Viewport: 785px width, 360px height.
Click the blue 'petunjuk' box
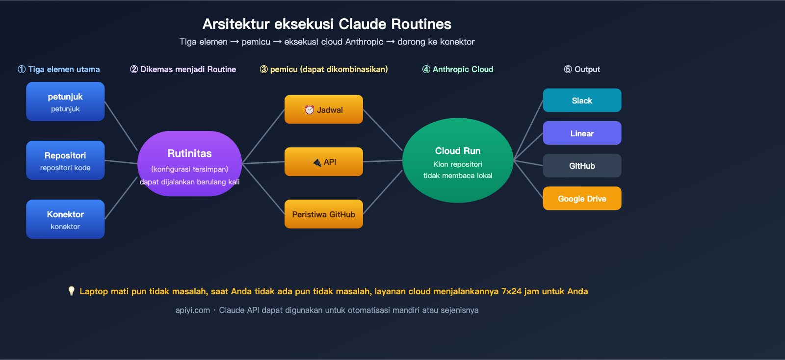coord(65,102)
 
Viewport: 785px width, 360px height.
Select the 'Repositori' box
coord(65,160)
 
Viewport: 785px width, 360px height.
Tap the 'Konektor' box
coord(65,219)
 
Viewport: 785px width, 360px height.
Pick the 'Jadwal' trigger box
coord(324,109)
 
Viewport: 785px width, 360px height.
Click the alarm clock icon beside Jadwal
coord(309,110)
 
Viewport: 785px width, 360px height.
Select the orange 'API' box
coord(324,161)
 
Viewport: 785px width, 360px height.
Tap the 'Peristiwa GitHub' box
coord(324,214)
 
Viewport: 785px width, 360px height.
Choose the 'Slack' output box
coord(582,101)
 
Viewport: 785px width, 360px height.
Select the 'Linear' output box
coord(582,133)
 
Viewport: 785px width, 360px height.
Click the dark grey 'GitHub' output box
coord(582,166)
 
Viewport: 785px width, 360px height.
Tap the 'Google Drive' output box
coord(582,199)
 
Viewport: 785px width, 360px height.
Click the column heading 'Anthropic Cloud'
coord(463,69)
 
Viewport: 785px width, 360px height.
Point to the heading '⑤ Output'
coord(582,69)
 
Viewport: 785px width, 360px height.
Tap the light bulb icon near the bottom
coord(71,291)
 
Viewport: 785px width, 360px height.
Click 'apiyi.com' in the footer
coord(192,310)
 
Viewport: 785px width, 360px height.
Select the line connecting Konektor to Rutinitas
coord(121,198)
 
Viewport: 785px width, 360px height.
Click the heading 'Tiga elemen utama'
coord(64,69)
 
